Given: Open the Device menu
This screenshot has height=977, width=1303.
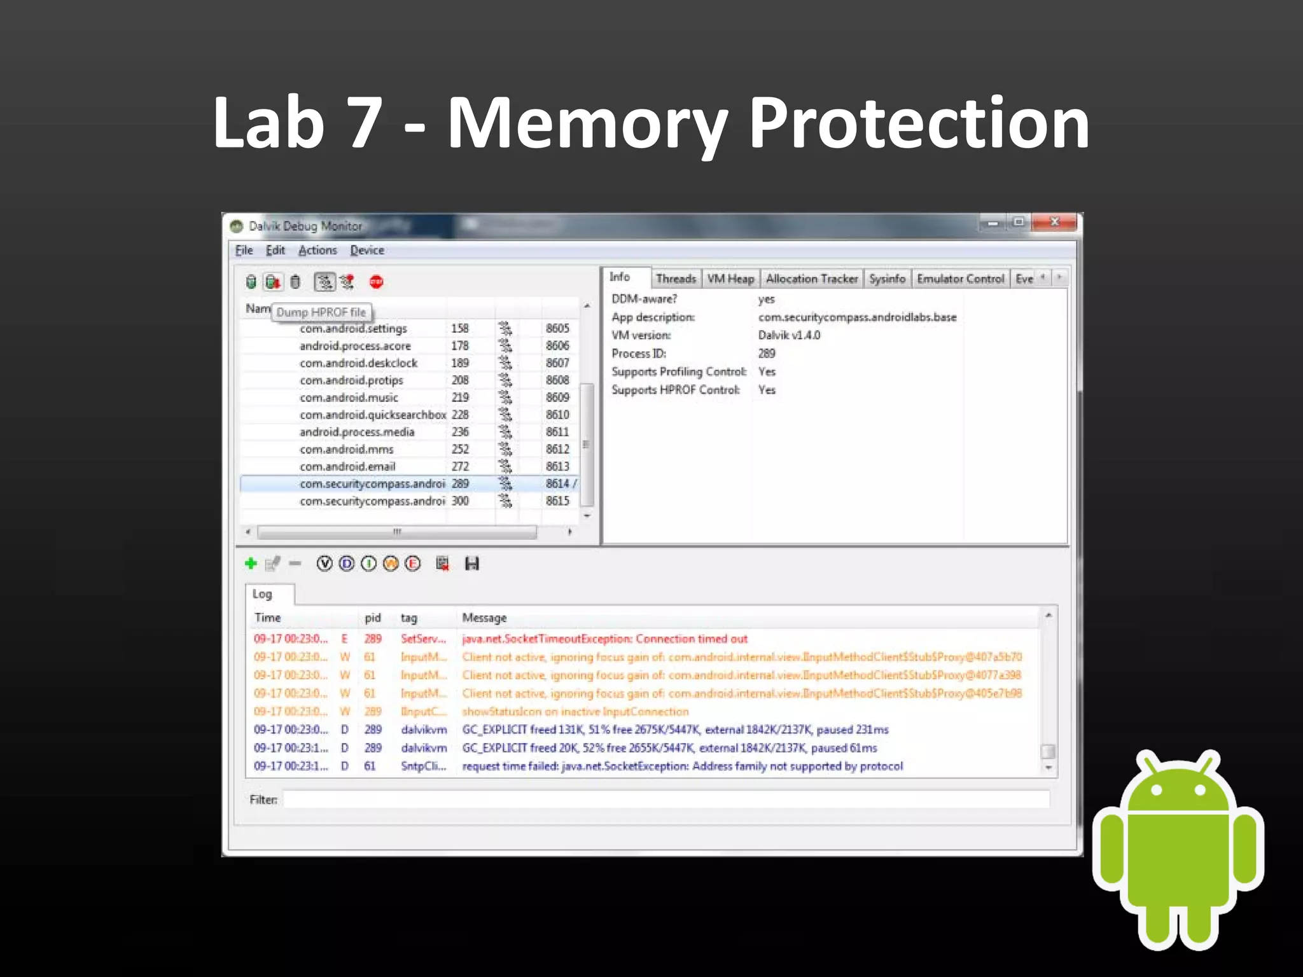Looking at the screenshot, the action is point(366,250).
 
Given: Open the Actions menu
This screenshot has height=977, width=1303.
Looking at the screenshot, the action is point(317,250).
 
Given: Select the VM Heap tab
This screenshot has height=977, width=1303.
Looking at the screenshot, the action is point(730,279).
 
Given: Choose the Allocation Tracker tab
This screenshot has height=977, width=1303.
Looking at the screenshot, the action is point(811,279).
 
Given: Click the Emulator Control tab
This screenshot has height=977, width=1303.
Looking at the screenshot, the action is point(960,279).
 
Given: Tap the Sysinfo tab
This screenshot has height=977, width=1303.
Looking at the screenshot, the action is point(887,279).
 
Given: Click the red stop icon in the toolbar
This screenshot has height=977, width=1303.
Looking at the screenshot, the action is point(376,282).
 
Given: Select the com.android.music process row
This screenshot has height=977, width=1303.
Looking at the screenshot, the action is point(349,398).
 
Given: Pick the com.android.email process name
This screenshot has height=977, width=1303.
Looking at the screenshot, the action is point(347,466).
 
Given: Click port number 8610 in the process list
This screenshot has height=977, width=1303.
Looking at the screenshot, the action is point(557,415).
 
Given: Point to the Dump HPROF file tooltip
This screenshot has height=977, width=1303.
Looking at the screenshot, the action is point(321,312).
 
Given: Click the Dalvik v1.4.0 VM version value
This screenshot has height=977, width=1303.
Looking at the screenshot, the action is point(789,335).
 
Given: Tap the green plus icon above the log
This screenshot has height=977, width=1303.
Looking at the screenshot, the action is point(251,564).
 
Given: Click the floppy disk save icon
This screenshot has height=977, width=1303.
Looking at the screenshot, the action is point(471,564).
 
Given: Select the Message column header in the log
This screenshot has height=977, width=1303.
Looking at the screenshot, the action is point(484,618).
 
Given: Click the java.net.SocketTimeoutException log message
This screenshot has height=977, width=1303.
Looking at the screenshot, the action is point(604,639).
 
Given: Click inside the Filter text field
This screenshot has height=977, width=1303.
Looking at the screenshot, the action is point(665,800).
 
